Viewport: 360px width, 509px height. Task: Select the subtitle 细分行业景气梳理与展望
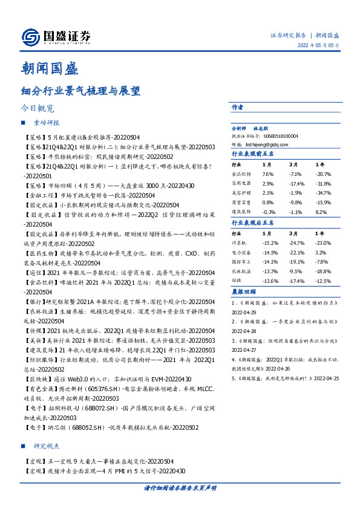point(80,91)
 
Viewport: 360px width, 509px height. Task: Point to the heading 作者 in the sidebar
point(237,106)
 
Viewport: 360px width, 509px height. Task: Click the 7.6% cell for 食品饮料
point(268,173)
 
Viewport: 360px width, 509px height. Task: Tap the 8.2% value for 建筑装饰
point(321,212)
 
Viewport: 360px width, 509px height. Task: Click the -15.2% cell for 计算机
point(270,242)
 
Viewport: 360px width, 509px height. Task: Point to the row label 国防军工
point(241,262)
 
